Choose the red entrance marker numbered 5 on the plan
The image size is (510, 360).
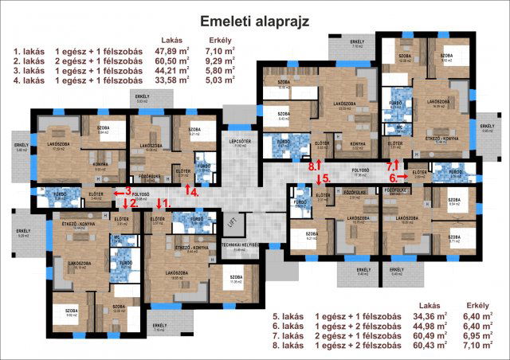tap(321, 179)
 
